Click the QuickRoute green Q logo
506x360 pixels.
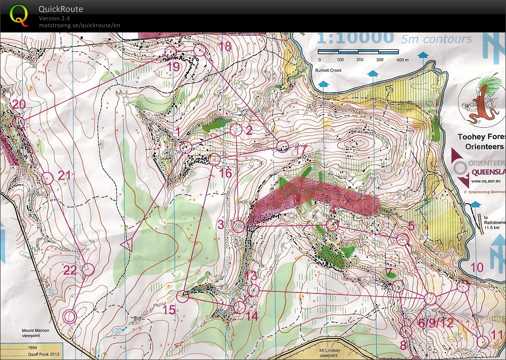pyautogui.click(x=19, y=15)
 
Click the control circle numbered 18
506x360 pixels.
pyautogui.click(x=199, y=50)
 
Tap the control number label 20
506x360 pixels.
pyautogui.click(x=19, y=105)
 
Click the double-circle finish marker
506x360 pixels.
pyautogui.click(x=70, y=316)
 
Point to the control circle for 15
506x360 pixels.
pyautogui.click(x=183, y=297)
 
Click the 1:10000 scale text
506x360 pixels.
pyautogui.click(x=355, y=38)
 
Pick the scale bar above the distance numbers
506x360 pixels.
pyautogui.click(x=358, y=51)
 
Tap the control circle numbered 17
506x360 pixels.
pyautogui.click(x=282, y=146)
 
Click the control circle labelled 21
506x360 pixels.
pyautogui.click(x=47, y=178)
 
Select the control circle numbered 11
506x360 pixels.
pyautogui.click(x=482, y=340)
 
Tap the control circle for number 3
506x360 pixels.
pyautogui.click(x=239, y=227)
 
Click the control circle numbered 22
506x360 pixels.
pyautogui.click(x=88, y=269)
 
